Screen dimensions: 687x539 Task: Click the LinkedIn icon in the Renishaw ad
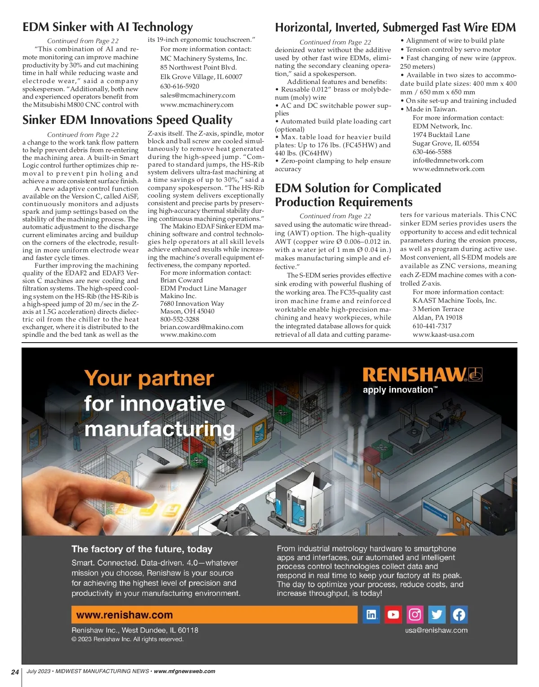[371, 614]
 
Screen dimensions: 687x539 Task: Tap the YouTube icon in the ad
[393, 614]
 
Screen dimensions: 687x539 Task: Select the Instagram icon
[415, 614]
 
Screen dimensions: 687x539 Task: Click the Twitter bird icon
[437, 614]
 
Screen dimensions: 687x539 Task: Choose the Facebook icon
[459, 614]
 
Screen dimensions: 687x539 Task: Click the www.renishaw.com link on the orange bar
[124, 615]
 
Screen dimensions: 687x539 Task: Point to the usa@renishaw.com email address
[436, 630]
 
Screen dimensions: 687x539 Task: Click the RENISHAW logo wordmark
[415, 375]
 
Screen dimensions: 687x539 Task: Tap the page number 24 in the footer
[15, 672]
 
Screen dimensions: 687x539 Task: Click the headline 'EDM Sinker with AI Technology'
[108, 27]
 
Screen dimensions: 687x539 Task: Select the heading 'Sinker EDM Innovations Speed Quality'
[128, 120]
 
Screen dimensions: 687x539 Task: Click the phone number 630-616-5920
[180, 86]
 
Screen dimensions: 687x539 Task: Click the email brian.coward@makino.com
[202, 327]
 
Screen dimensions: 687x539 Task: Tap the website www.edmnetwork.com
[448, 169]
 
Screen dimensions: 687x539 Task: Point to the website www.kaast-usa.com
[443, 335]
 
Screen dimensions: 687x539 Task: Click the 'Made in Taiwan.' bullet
[425, 109]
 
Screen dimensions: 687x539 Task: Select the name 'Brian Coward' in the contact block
[181, 280]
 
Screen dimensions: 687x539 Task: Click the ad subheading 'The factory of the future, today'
[142, 549]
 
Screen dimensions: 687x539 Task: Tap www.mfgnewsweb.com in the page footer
[184, 671]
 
